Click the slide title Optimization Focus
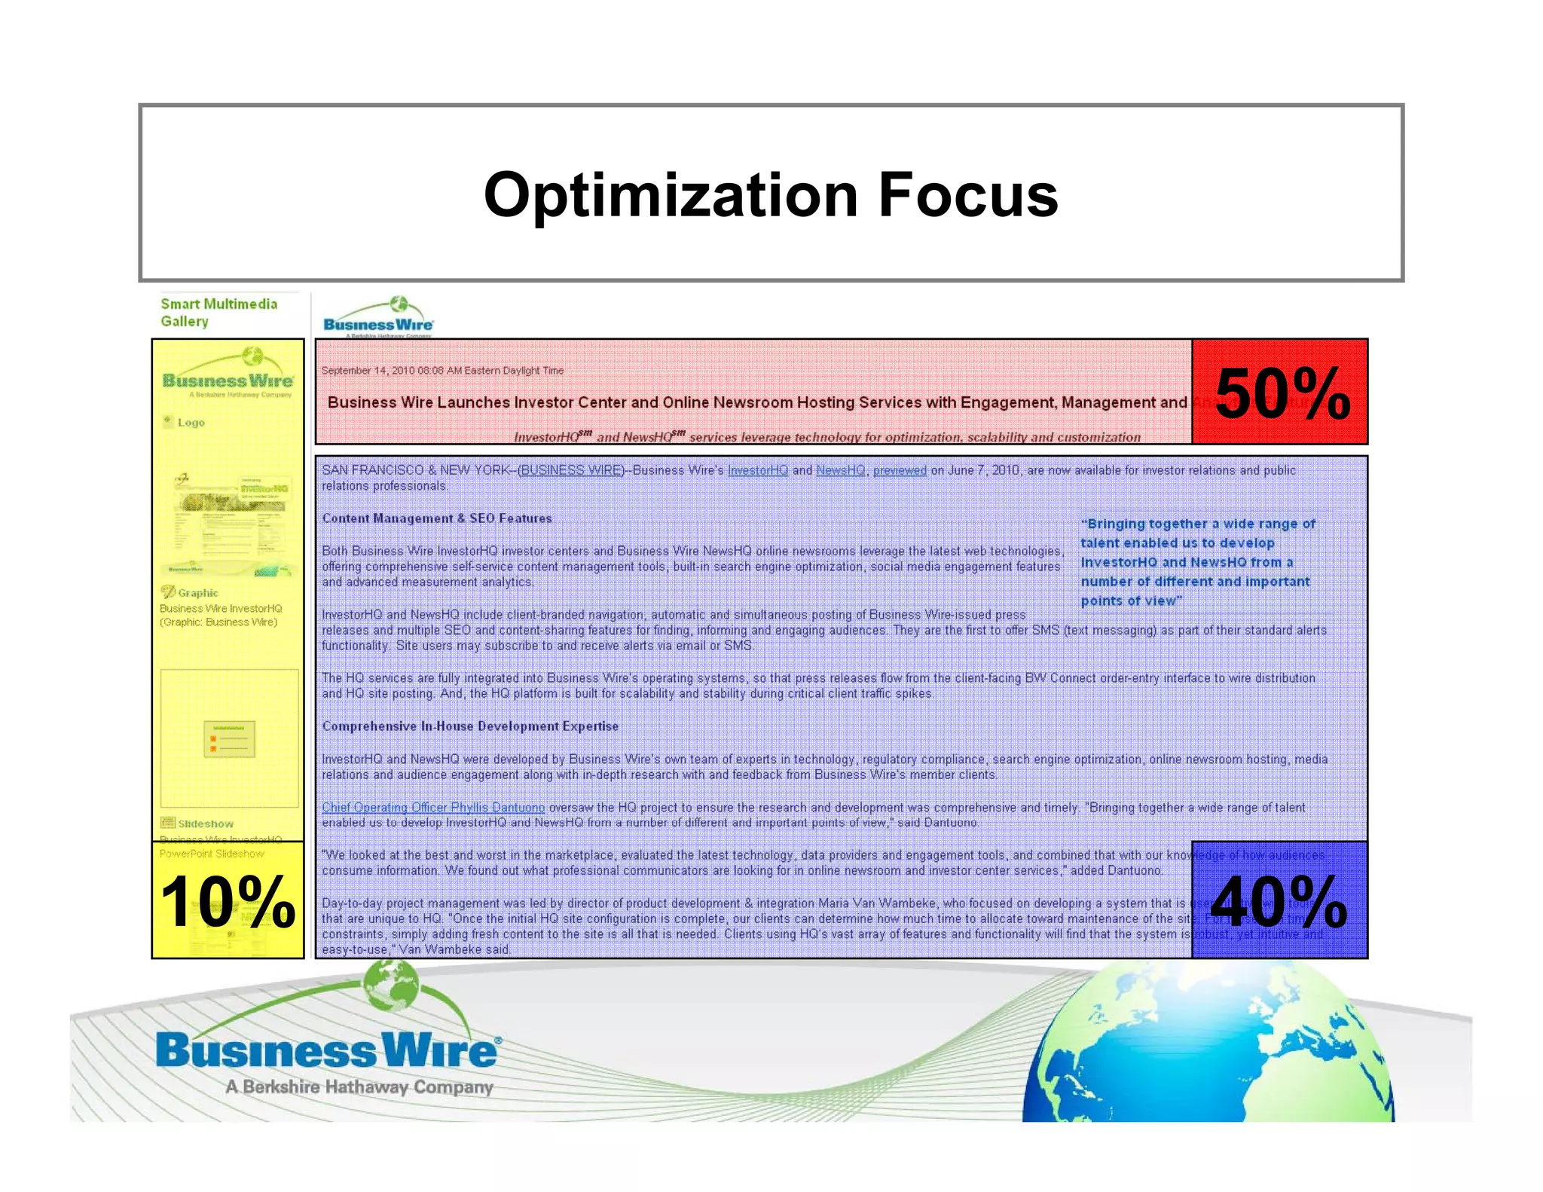click(771, 194)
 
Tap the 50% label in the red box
click(1282, 394)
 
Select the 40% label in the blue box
click(1279, 902)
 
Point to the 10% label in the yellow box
click(228, 902)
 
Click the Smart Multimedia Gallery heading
click(218, 313)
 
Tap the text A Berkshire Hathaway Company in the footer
click(359, 1087)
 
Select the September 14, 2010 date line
click(442, 371)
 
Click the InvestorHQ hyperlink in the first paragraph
click(757, 470)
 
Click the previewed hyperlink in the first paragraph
click(900, 470)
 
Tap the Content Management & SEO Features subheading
click(437, 518)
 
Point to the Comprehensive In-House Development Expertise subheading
click(470, 726)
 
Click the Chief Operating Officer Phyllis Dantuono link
click(433, 808)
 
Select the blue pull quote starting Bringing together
click(1198, 562)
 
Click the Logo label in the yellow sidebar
click(191, 423)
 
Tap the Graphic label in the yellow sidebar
click(197, 593)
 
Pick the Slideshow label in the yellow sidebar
click(205, 824)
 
